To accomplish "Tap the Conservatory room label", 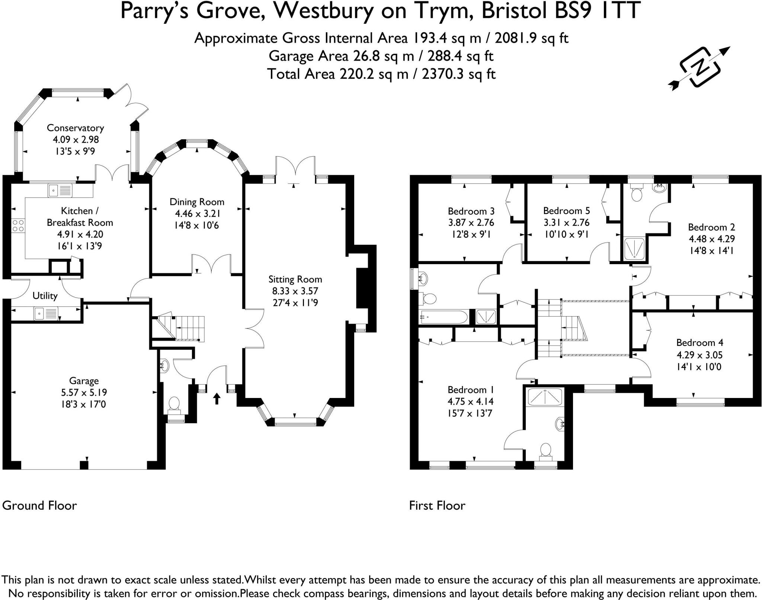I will point(75,128).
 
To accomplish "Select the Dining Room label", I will point(197,202).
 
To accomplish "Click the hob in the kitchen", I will point(18,225).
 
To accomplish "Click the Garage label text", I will point(84,381).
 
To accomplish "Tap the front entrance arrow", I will point(217,399).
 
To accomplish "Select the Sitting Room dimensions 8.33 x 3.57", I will point(295,291).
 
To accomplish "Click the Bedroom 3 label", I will point(471,211).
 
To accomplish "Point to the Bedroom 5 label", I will point(566,211).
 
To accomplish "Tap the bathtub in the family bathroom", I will point(443,317).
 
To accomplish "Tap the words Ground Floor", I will point(39,506).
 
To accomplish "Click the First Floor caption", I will point(437,506).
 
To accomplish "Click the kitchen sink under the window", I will point(60,191).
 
